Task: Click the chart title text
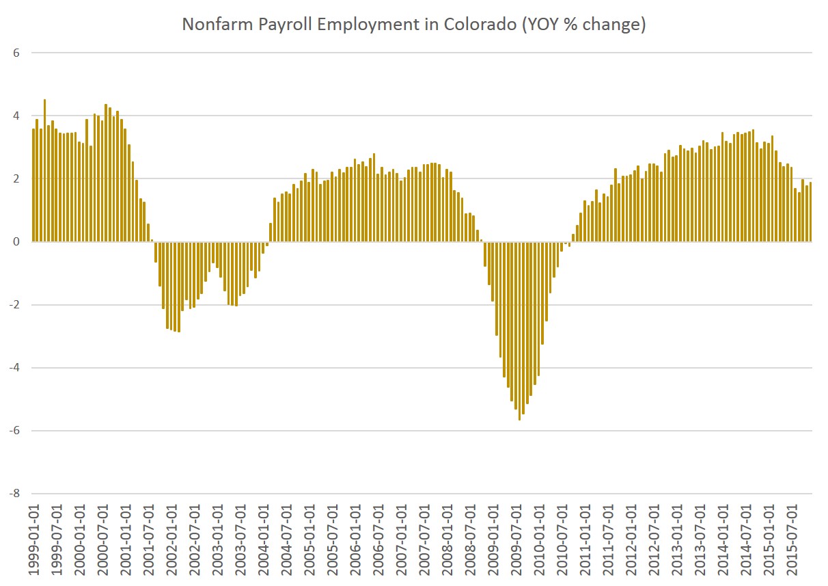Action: pos(413,25)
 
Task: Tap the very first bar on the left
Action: pos(33,185)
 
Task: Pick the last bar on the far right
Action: pos(810,212)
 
